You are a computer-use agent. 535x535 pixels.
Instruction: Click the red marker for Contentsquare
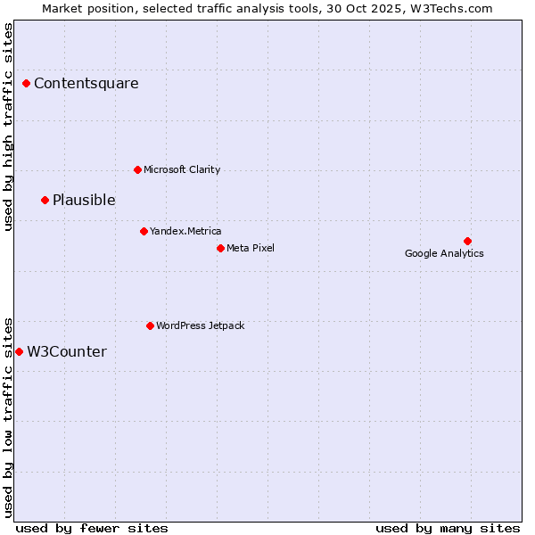tap(27, 84)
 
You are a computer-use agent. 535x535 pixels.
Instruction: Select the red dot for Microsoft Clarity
tap(137, 169)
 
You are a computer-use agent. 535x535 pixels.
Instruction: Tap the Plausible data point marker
tap(45, 200)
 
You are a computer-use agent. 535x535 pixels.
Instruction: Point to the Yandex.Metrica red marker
tap(144, 231)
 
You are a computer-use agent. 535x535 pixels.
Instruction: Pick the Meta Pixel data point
tap(220, 248)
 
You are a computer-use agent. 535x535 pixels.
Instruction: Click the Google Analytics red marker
tap(467, 241)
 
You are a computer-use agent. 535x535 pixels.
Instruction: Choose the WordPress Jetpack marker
tap(150, 325)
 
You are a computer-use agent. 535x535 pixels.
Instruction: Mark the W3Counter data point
tap(19, 351)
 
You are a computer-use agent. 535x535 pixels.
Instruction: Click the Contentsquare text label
tap(86, 84)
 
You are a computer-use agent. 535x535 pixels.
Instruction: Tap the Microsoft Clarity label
tap(182, 169)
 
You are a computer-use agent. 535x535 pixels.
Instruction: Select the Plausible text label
tap(84, 200)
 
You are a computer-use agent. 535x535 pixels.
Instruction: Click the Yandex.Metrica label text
tap(185, 231)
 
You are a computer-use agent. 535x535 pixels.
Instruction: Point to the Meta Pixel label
tap(251, 248)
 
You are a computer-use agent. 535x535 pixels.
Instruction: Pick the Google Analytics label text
tap(444, 253)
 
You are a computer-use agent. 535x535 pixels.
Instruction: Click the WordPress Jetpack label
tap(200, 325)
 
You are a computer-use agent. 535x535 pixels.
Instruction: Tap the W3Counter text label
tap(67, 351)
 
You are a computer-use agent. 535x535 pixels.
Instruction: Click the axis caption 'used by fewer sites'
tap(92, 528)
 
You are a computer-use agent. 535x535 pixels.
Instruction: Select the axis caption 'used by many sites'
tap(448, 528)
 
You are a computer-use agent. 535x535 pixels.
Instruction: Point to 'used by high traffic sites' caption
tap(8, 127)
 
